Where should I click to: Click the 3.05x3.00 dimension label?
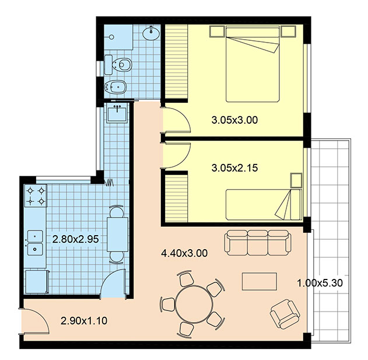pos(234,120)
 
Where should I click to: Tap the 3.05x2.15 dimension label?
pos(234,168)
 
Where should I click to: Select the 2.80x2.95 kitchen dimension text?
pos(75,239)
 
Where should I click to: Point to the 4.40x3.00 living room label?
pos(184,253)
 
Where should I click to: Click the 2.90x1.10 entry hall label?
pos(84,320)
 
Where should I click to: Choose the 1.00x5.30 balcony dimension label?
pos(320,283)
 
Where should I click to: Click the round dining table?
pos(194,303)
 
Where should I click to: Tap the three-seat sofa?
pos(258,243)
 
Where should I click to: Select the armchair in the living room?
pos(285,314)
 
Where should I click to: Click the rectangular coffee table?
pos(260,281)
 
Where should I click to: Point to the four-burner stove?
pos(36,195)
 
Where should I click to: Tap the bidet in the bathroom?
pos(115,87)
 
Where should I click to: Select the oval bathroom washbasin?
pos(151,33)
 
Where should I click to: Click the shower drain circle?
pos(112,37)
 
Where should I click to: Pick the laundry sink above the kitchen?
pos(117,113)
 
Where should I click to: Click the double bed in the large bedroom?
pos(253,64)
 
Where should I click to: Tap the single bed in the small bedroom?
pos(263,205)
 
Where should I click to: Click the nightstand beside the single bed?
pos(296,180)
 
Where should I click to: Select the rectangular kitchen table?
pos(117,235)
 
